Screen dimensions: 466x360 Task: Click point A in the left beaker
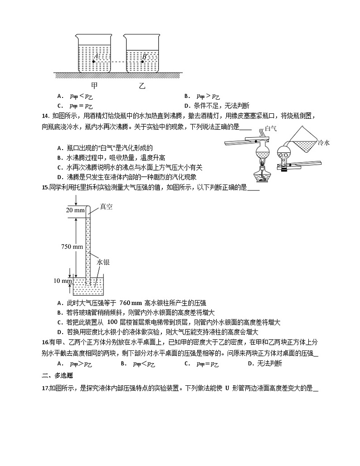pos(93,61)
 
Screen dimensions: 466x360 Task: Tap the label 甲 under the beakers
pos(94,85)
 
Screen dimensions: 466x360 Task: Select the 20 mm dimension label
pos(75,210)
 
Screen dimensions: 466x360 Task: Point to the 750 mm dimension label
pos(73,247)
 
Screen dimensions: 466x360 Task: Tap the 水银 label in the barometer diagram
pos(103,262)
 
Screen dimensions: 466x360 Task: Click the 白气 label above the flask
pos(271,129)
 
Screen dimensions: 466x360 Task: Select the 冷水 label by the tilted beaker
pos(324,143)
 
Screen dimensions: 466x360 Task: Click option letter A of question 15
pos(59,302)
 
